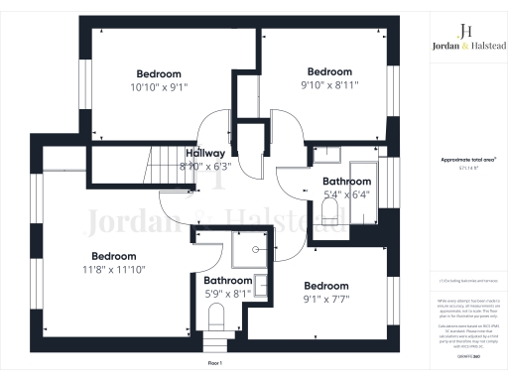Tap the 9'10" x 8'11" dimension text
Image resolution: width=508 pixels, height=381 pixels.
click(x=329, y=85)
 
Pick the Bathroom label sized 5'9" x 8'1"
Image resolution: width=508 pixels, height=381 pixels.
click(x=227, y=281)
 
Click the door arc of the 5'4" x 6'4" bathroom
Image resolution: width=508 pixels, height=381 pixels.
click(x=292, y=179)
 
